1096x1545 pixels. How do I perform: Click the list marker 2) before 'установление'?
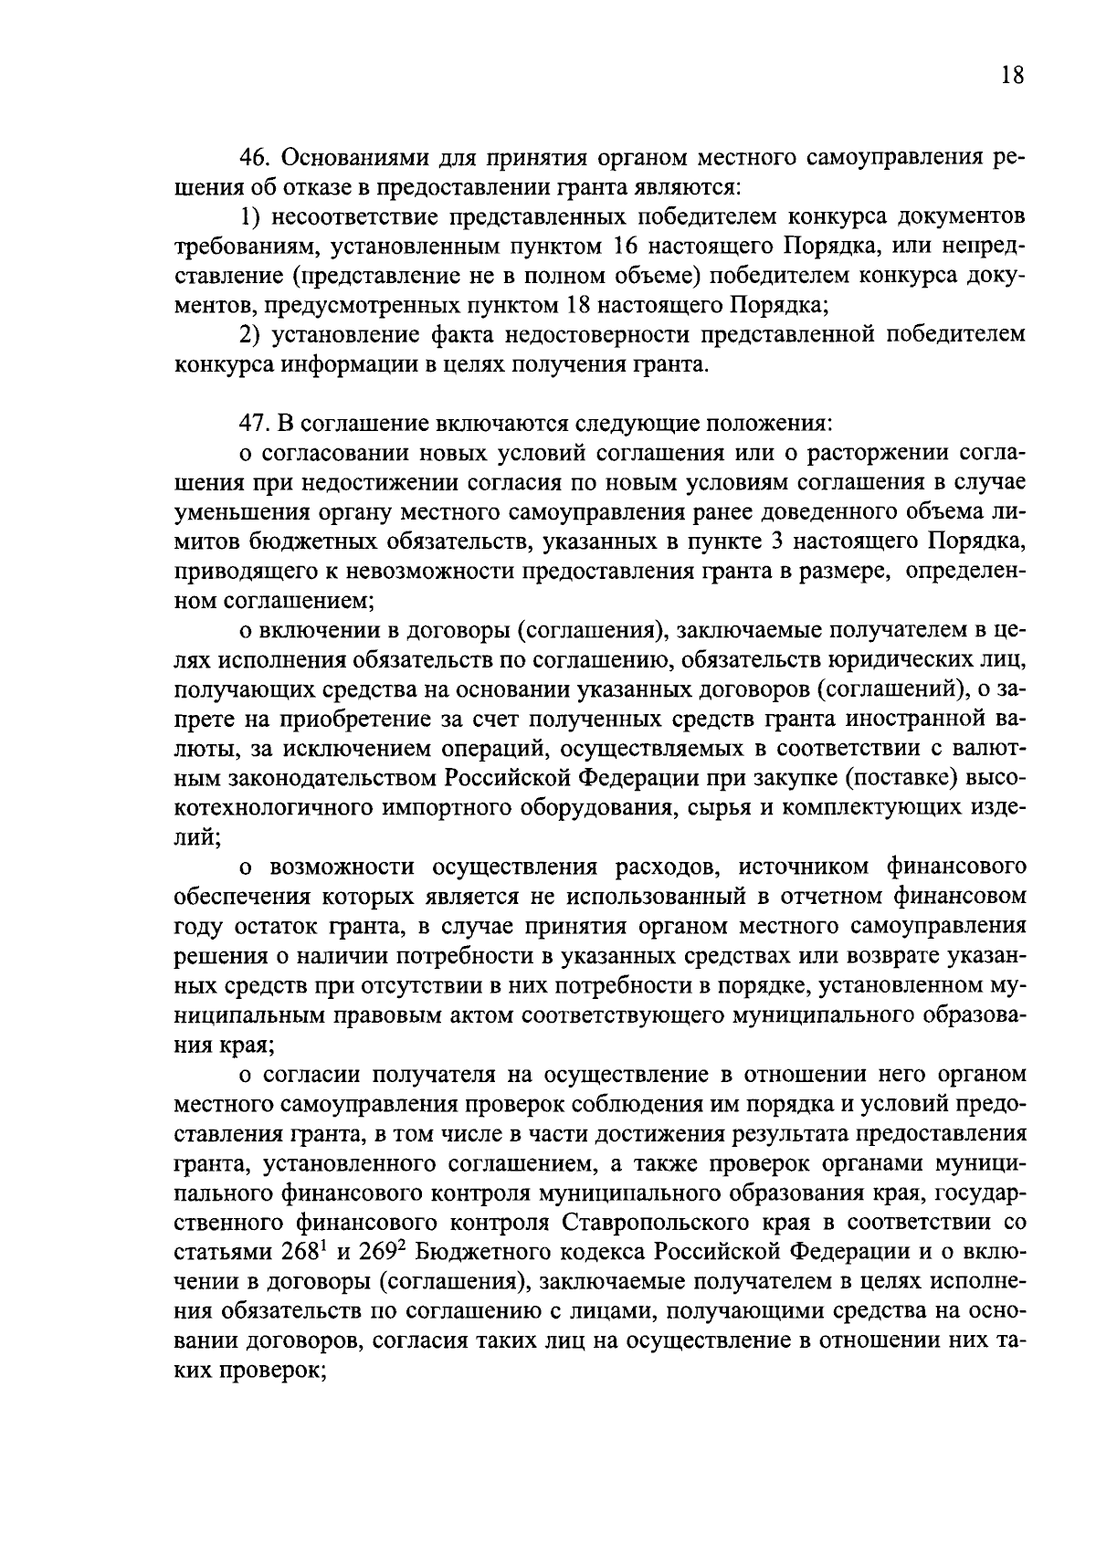pos(251,335)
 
